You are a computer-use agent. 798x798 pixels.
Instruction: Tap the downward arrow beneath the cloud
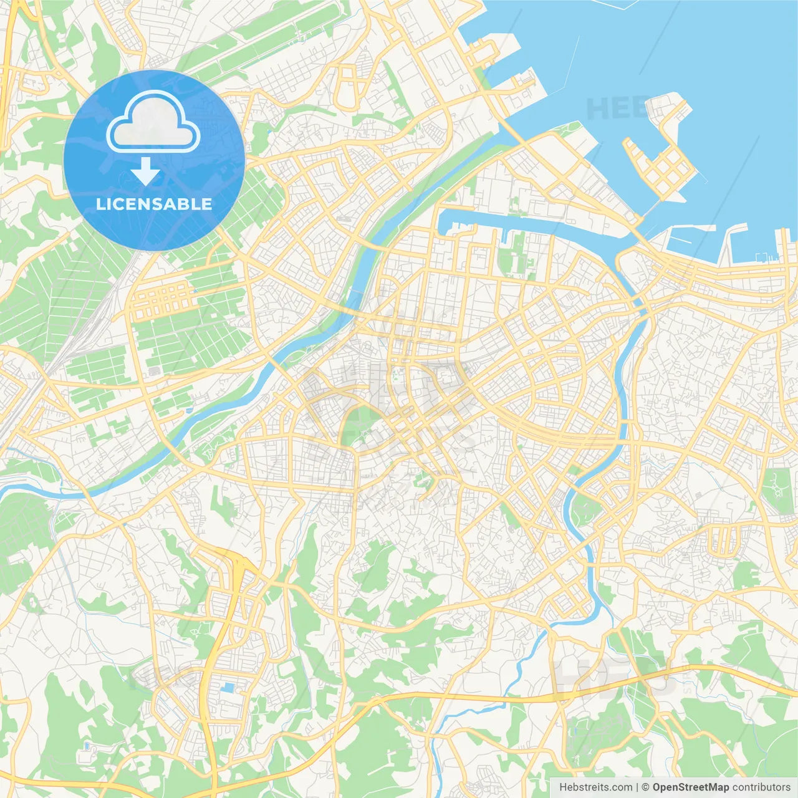point(145,171)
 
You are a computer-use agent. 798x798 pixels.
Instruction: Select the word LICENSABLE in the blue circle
point(154,204)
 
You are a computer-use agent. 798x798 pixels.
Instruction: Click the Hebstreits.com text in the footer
point(595,787)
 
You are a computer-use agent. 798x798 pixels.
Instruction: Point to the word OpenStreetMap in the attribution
point(691,787)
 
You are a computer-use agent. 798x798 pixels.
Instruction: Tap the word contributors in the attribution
point(761,787)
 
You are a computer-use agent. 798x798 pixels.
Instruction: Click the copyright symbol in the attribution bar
point(645,787)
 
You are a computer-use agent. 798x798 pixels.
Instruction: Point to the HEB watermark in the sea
point(614,109)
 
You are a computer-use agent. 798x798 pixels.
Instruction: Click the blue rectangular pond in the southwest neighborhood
point(228,688)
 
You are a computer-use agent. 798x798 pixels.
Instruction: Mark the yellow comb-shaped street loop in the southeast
point(723,539)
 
